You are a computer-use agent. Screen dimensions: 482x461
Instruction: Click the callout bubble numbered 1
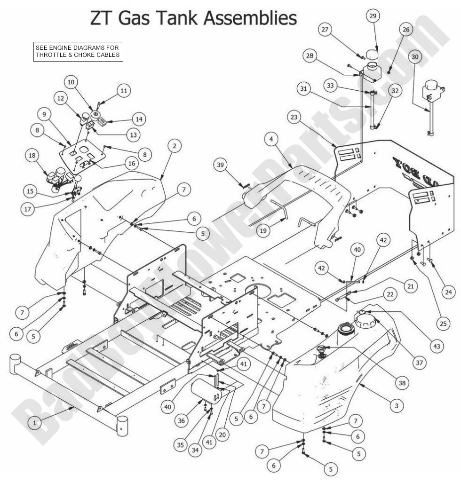pyautogui.click(x=34, y=423)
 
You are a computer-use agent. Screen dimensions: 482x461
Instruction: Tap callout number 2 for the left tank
pyautogui.click(x=174, y=146)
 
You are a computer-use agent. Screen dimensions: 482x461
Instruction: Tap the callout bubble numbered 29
pyautogui.click(x=373, y=16)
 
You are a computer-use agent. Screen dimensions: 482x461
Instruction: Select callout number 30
pyautogui.click(x=414, y=56)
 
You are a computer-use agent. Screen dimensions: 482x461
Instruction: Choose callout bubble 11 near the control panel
pyautogui.click(x=123, y=90)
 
